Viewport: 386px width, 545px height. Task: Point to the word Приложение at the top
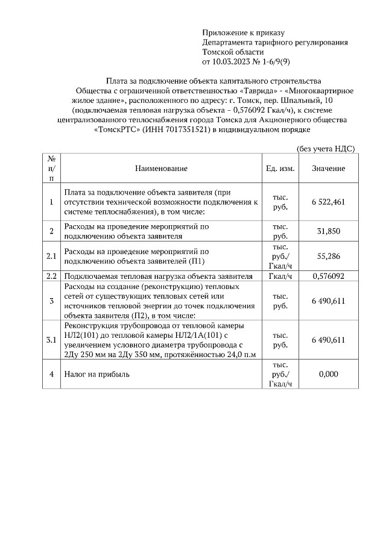[225, 33]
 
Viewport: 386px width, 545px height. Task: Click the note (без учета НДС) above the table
[325, 148]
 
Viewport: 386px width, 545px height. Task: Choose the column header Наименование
[161, 169]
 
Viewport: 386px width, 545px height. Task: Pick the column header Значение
[328, 169]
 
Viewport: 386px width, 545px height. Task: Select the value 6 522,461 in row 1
[328, 202]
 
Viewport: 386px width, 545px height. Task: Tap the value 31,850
[328, 232]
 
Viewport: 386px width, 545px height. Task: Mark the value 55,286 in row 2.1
[328, 256]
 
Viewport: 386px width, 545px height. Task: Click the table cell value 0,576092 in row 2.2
[328, 276]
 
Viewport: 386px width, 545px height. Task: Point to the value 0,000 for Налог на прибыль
[328, 374]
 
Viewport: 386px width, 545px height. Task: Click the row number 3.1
[52, 340]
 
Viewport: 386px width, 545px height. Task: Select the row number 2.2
[52, 276]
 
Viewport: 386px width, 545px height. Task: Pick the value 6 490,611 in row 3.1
[328, 340]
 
